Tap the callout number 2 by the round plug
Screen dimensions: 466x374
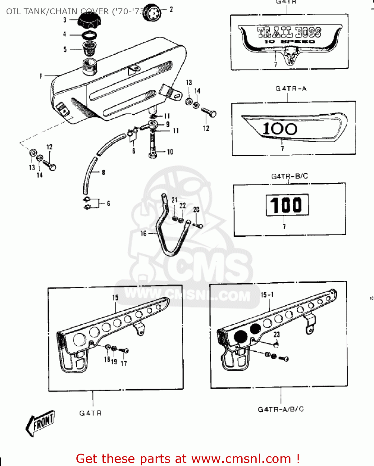click(171, 10)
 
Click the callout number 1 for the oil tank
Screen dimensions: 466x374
click(41, 76)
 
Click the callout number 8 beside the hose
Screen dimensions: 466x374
click(103, 172)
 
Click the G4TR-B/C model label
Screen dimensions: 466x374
click(290, 176)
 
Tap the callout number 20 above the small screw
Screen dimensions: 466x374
click(196, 210)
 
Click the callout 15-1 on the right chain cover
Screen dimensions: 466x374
click(267, 295)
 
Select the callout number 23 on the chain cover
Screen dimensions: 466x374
click(276, 334)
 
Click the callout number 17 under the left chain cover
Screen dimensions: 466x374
click(124, 363)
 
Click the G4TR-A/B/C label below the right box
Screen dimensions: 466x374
click(280, 409)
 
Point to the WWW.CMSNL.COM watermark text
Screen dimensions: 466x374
click(187, 294)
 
